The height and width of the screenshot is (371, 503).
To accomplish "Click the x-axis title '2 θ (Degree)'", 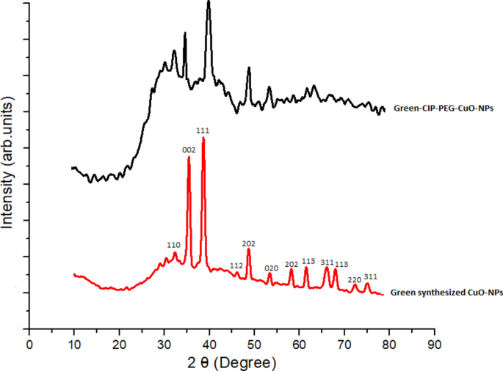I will coord(232,362).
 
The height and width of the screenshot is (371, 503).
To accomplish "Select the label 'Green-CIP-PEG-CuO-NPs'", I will coord(443,109).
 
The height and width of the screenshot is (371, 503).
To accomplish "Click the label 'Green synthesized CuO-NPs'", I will coord(446,293).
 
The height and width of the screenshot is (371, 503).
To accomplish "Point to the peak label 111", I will coord(203,131).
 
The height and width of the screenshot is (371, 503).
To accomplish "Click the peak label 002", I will coord(189,150).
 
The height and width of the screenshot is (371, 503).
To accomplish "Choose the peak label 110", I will coord(173,245).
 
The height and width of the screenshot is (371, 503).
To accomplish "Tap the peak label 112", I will coord(236,265).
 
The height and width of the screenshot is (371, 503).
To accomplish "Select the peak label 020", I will coord(271,268).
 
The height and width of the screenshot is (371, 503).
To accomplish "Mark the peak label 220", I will coord(354,279).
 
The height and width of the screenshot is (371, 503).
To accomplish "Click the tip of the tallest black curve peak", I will coord(209,2).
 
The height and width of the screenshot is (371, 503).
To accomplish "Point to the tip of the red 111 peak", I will coord(203,138).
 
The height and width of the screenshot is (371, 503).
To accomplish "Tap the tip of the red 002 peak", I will coord(189,157).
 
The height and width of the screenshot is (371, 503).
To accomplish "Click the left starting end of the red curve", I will coord(74,274).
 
